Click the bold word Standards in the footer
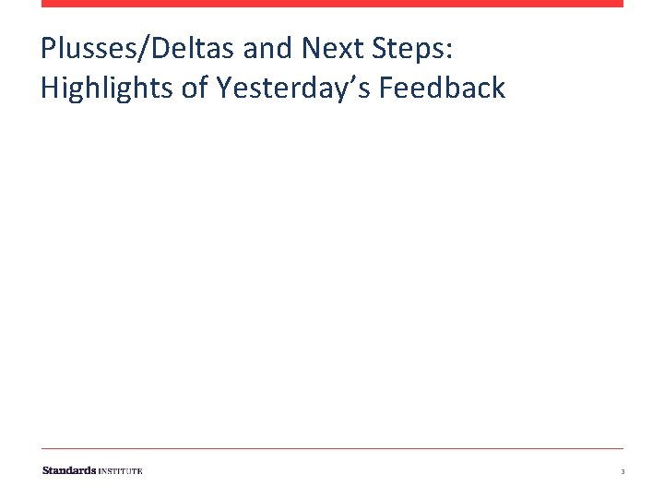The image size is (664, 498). [69, 470]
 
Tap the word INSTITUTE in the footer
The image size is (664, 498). [121, 471]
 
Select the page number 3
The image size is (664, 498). [622, 472]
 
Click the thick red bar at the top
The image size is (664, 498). [332, 4]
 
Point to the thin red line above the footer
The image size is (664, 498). [332, 449]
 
